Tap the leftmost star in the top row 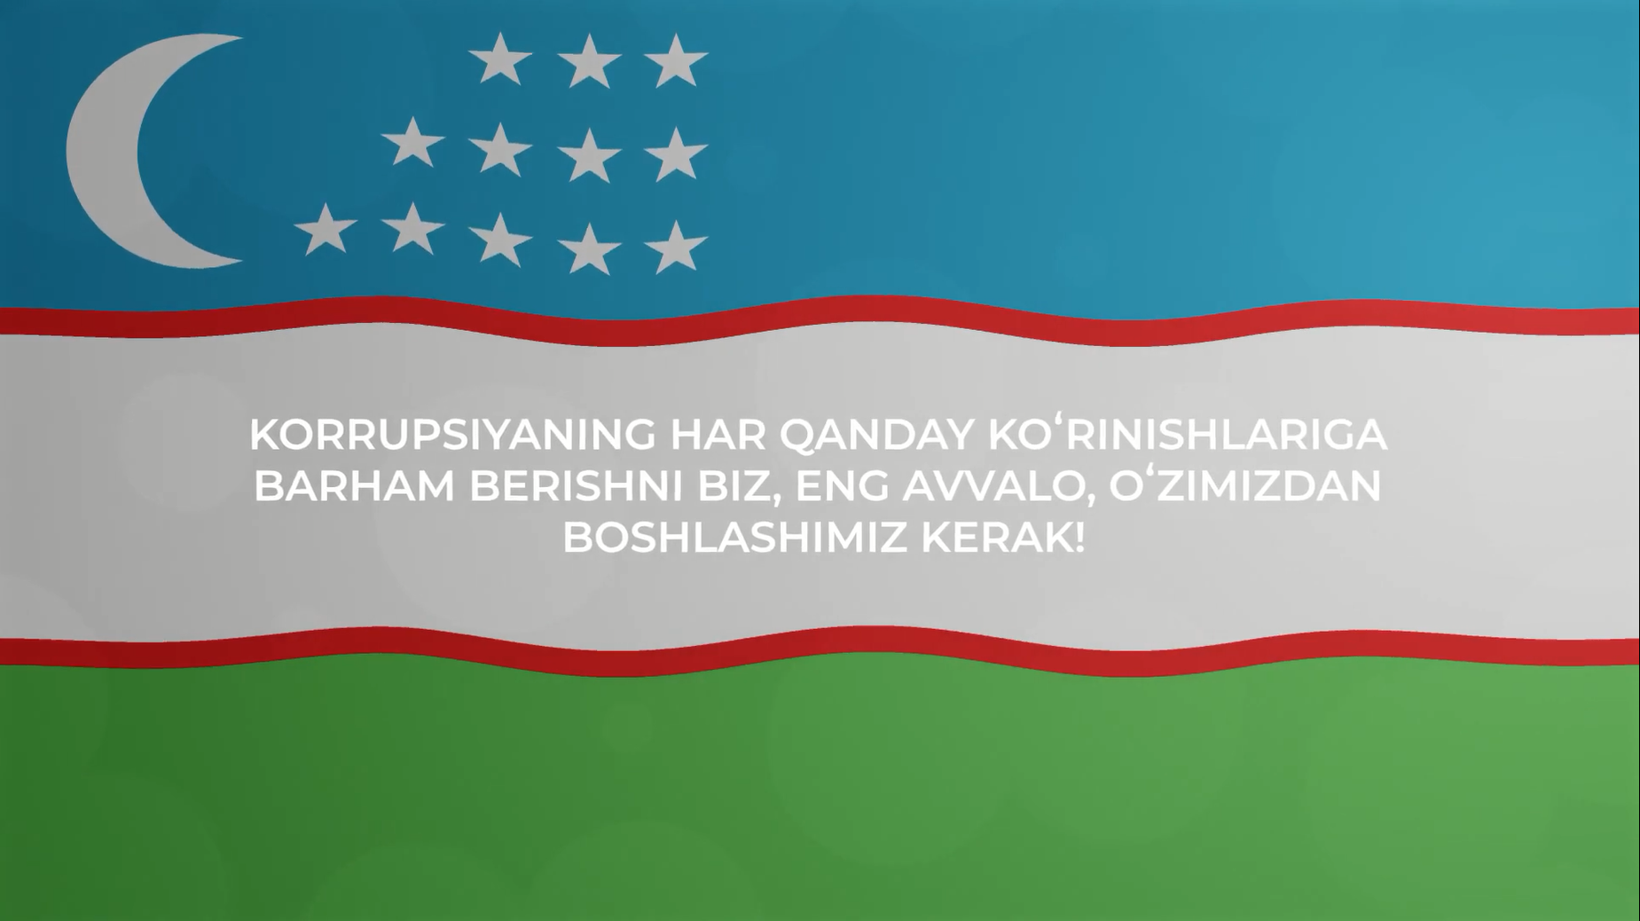pyautogui.click(x=500, y=59)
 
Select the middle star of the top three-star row pyautogui.click(x=589, y=62)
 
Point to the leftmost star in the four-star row pyautogui.click(x=412, y=143)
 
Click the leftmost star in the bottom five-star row pyautogui.click(x=326, y=230)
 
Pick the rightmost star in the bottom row pyautogui.click(x=676, y=248)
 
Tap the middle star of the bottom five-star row pyautogui.click(x=500, y=240)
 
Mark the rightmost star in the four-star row pyautogui.click(x=676, y=154)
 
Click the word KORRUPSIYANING pyautogui.click(x=453, y=435)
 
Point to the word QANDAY pyautogui.click(x=877, y=436)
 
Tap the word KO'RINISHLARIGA pyautogui.click(x=1188, y=434)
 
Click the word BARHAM pyautogui.click(x=355, y=486)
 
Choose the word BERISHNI pyautogui.click(x=577, y=486)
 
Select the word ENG pyautogui.click(x=843, y=486)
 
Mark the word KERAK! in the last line pyautogui.click(x=1003, y=538)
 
